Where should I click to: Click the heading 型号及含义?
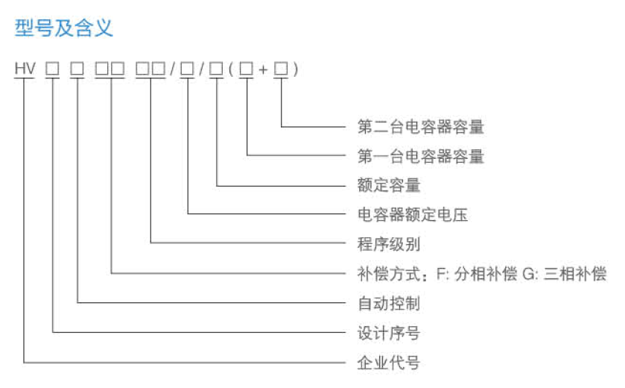63,28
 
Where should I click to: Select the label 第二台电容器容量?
421,127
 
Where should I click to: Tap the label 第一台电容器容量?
421,157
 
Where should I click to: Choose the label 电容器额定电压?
413,215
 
